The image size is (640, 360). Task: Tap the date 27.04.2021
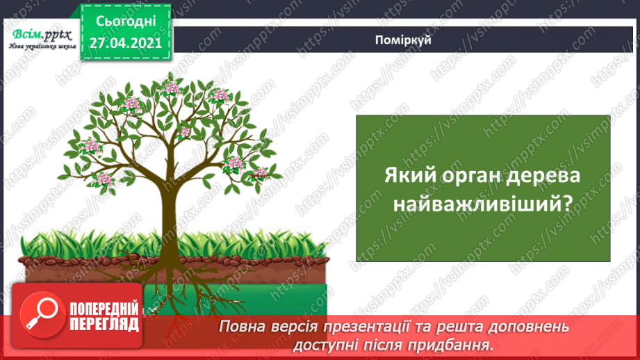pyautogui.click(x=125, y=42)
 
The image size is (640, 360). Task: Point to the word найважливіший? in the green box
pyautogui.click(x=482, y=204)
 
